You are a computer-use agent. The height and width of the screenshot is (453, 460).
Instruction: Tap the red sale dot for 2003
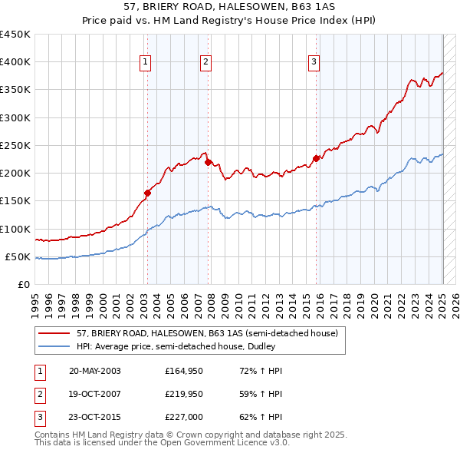tap(147, 193)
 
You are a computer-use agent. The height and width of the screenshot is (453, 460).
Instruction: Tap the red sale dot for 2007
tap(208, 162)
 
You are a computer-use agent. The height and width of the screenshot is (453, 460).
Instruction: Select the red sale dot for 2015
tap(316, 159)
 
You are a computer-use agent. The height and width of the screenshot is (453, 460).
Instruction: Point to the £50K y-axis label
tap(18, 257)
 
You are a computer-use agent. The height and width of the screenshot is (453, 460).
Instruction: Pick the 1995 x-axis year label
tap(35, 299)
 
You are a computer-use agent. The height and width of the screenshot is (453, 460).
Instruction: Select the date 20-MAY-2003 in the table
tap(94, 371)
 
